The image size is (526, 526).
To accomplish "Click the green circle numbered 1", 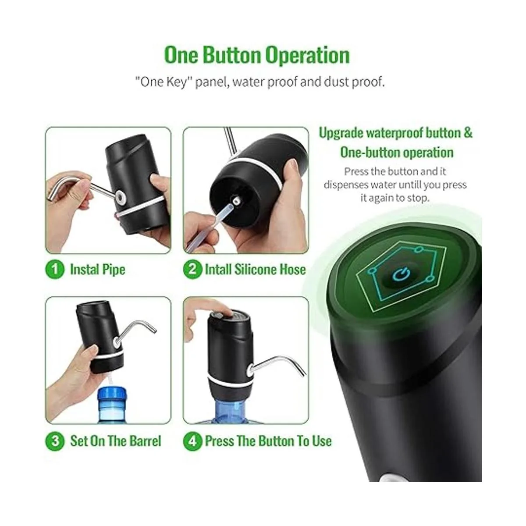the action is coord(55,270).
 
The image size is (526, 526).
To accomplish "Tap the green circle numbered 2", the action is coord(193,270).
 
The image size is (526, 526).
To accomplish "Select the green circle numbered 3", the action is coord(55,441).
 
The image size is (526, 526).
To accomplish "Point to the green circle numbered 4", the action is coord(193,441).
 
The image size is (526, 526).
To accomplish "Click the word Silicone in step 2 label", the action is coord(255,270).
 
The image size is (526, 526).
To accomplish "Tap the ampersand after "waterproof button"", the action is coord(468,133).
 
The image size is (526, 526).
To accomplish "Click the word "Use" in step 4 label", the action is coord(322,441).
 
